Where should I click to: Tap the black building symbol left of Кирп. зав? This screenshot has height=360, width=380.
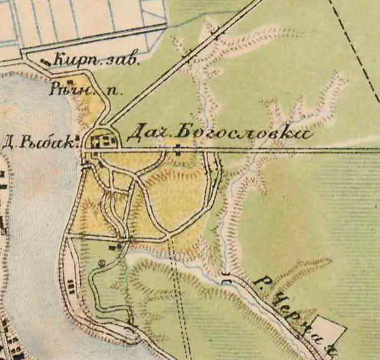coord(44,61)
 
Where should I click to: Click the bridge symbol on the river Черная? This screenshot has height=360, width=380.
coord(229,279)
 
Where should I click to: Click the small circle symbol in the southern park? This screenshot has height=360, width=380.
coord(102,263)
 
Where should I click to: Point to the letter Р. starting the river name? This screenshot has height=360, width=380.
coord(259,282)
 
